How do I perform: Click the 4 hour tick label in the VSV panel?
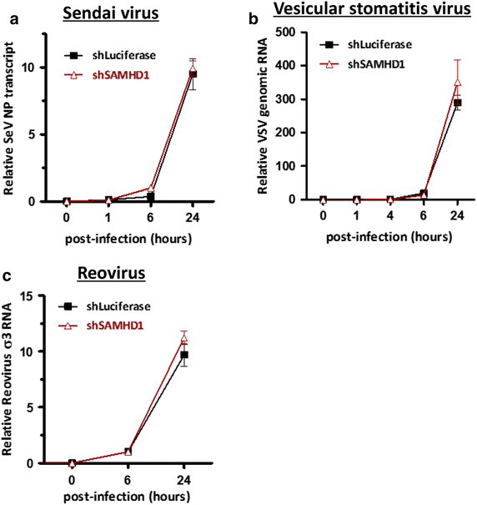389,214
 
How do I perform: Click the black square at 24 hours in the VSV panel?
457,103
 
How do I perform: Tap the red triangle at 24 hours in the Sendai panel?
193,70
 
